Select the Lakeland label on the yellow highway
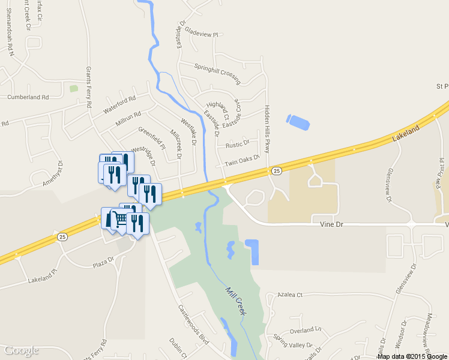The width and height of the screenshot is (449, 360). [406, 134]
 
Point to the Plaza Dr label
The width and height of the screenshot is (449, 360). [102, 261]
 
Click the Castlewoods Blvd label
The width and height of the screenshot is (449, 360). [193, 324]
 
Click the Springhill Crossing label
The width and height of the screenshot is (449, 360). [217, 73]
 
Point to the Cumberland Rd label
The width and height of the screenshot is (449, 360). [28, 97]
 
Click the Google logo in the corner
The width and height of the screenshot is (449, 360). [22, 350]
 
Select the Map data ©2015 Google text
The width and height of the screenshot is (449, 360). [412, 356]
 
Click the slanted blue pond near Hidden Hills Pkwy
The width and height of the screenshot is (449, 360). [298, 122]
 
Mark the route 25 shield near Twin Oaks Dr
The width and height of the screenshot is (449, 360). [276, 171]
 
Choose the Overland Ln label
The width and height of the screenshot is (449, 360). [306, 330]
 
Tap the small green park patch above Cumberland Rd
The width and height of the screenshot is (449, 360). [74, 89]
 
